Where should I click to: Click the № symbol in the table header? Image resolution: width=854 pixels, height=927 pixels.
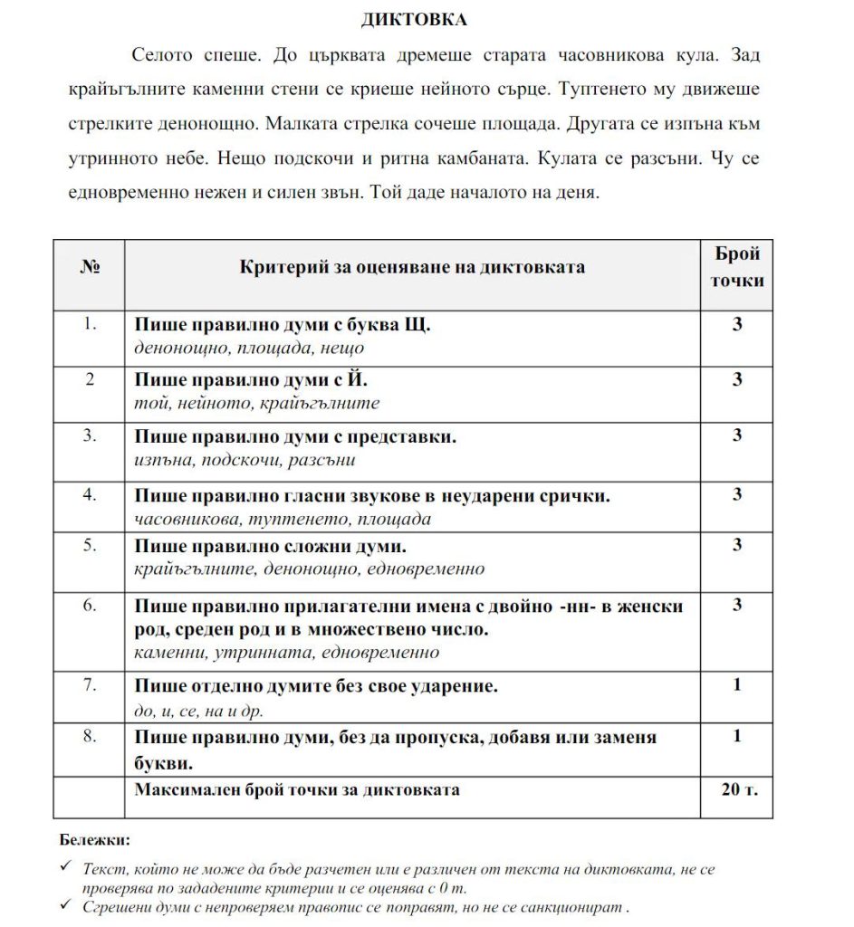pyautogui.click(x=90, y=267)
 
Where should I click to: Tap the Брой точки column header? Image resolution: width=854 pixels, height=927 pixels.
pyautogui.click(x=735, y=267)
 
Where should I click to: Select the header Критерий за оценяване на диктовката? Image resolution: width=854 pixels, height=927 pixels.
pyautogui.click(x=412, y=267)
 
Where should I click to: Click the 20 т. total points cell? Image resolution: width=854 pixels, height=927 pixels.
pyautogui.click(x=735, y=788)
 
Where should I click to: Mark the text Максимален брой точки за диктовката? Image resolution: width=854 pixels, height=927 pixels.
pyautogui.click(x=297, y=789)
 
